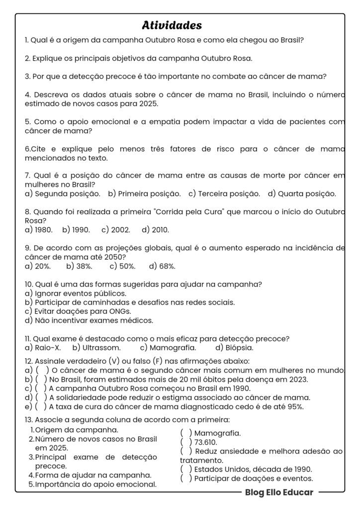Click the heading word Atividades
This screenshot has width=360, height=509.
[x=172, y=25]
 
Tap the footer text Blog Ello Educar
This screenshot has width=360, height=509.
[x=279, y=492]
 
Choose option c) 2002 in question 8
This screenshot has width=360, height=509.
[x=116, y=230]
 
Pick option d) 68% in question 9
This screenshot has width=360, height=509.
[x=162, y=266]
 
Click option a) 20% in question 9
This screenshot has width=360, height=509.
[x=38, y=266]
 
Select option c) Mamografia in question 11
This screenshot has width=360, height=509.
[x=168, y=347]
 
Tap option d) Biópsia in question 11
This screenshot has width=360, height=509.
[x=234, y=347]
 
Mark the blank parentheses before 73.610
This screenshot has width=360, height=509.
[x=186, y=442]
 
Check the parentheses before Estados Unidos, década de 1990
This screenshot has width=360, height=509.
[x=186, y=469]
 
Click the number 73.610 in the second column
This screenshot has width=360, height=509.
[x=206, y=442]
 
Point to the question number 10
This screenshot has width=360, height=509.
[x=28, y=284]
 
